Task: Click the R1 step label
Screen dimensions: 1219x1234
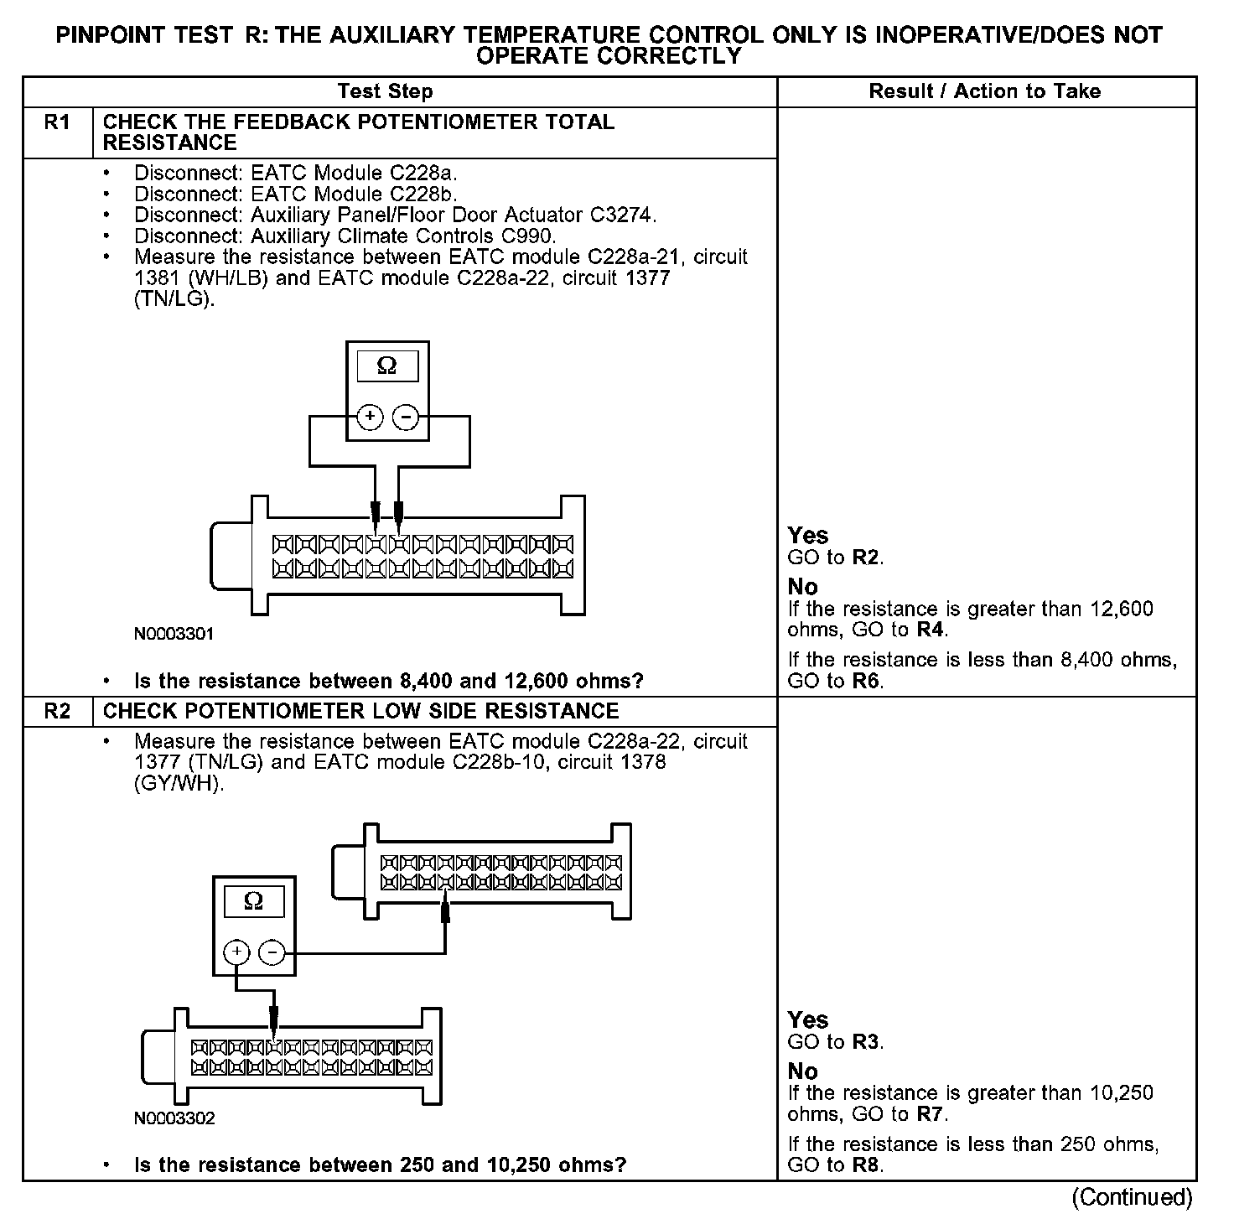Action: point(57,123)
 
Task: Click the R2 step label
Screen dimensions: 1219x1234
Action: point(57,712)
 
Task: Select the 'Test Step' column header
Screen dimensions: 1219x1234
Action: point(385,91)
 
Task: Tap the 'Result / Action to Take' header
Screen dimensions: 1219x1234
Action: point(985,91)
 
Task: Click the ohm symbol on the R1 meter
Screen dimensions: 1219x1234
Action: point(386,366)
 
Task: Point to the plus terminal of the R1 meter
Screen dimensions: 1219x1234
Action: point(370,417)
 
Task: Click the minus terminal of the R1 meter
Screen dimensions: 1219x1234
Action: point(406,417)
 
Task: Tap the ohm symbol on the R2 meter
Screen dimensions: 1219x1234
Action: point(253,901)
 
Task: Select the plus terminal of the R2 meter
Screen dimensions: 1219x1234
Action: point(236,952)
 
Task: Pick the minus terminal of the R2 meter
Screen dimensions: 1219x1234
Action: point(272,952)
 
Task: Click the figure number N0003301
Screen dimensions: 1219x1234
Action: point(174,634)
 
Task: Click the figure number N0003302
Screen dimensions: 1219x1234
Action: point(174,1118)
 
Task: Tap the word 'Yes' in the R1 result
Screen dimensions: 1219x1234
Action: point(808,536)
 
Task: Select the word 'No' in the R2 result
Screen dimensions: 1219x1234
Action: point(802,1071)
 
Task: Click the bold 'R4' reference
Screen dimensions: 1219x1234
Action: point(931,630)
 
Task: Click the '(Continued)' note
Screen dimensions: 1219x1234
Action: point(1132,1197)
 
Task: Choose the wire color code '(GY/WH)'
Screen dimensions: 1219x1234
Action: point(179,784)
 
